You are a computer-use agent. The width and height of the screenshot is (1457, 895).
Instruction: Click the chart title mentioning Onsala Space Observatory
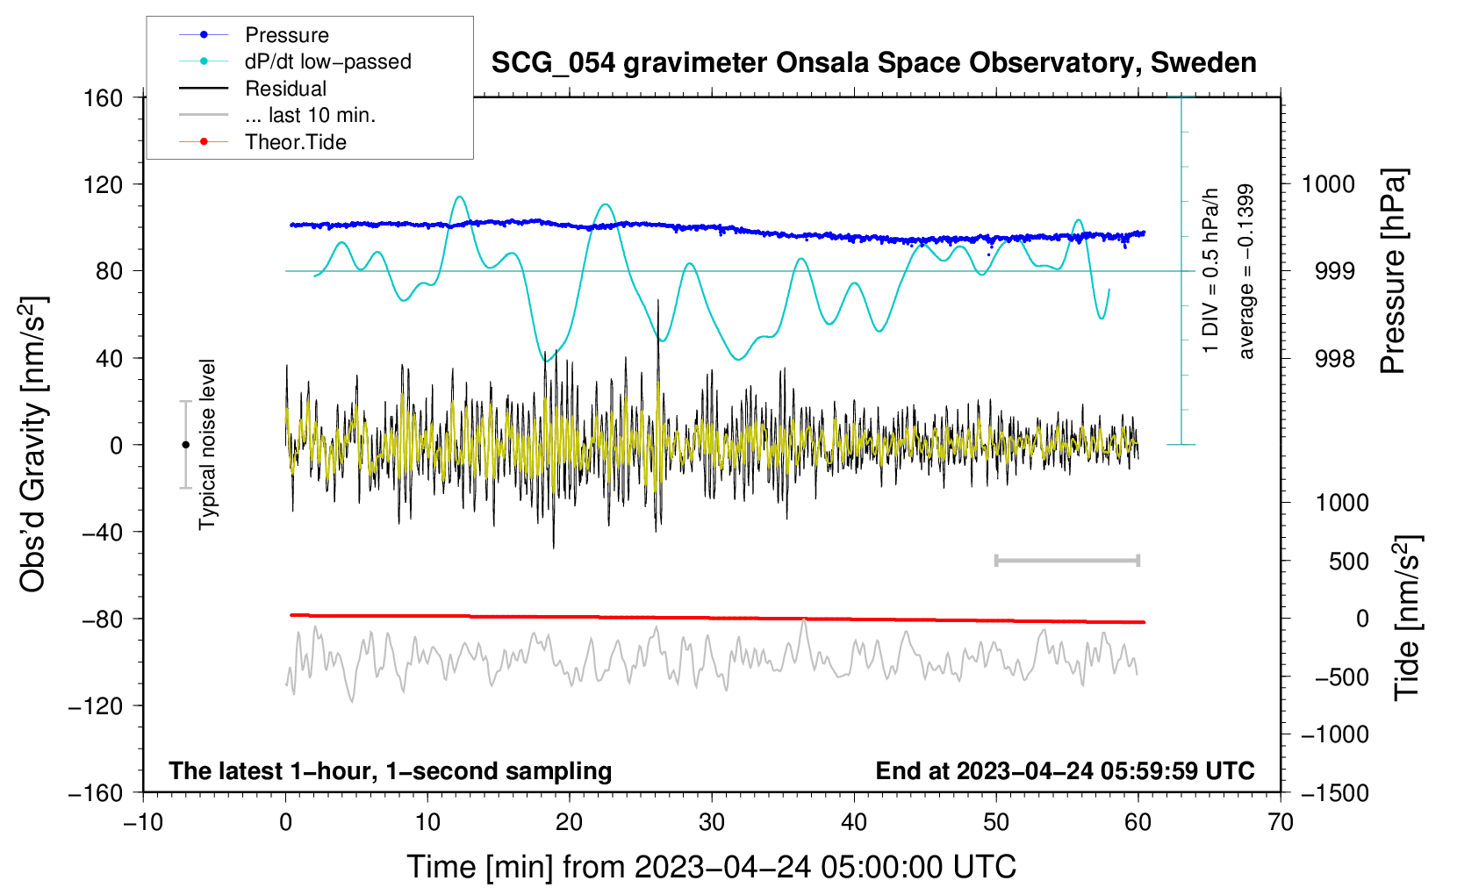coord(873,63)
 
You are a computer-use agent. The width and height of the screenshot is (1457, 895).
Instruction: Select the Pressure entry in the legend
coord(255,34)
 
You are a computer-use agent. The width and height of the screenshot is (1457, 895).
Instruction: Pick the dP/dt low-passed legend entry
coord(295,61)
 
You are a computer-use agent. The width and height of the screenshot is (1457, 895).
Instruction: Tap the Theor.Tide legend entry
coord(262,142)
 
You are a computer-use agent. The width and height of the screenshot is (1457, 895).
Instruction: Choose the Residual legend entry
coord(253,89)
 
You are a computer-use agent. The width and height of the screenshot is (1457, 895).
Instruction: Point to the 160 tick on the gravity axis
coord(104,98)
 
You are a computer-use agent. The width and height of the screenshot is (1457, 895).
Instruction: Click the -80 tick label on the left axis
coord(102,619)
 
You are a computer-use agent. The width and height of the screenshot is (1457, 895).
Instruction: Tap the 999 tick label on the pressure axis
coord(1334,271)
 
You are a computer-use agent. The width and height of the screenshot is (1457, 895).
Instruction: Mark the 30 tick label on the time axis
coord(712,822)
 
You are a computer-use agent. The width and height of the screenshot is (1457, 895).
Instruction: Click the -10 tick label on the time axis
coord(143,822)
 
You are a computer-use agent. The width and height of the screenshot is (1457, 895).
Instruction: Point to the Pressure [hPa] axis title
coord(1393,271)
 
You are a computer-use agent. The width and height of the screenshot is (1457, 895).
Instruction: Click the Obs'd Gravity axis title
coord(32,444)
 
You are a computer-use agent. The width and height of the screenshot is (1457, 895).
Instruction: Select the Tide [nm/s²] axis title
coord(1408,619)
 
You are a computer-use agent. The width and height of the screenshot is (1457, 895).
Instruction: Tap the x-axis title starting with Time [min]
coord(712,867)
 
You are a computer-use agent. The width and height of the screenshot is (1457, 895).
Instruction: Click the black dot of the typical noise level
coord(185,445)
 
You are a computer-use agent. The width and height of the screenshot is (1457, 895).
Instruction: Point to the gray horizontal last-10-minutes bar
coord(1067,561)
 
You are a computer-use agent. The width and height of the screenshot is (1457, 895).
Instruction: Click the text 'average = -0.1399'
coord(1245,271)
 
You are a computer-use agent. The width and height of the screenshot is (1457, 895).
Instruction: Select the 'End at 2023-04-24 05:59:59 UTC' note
coord(1065,770)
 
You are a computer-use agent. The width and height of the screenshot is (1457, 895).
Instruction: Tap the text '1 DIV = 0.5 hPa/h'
coord(1209,271)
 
